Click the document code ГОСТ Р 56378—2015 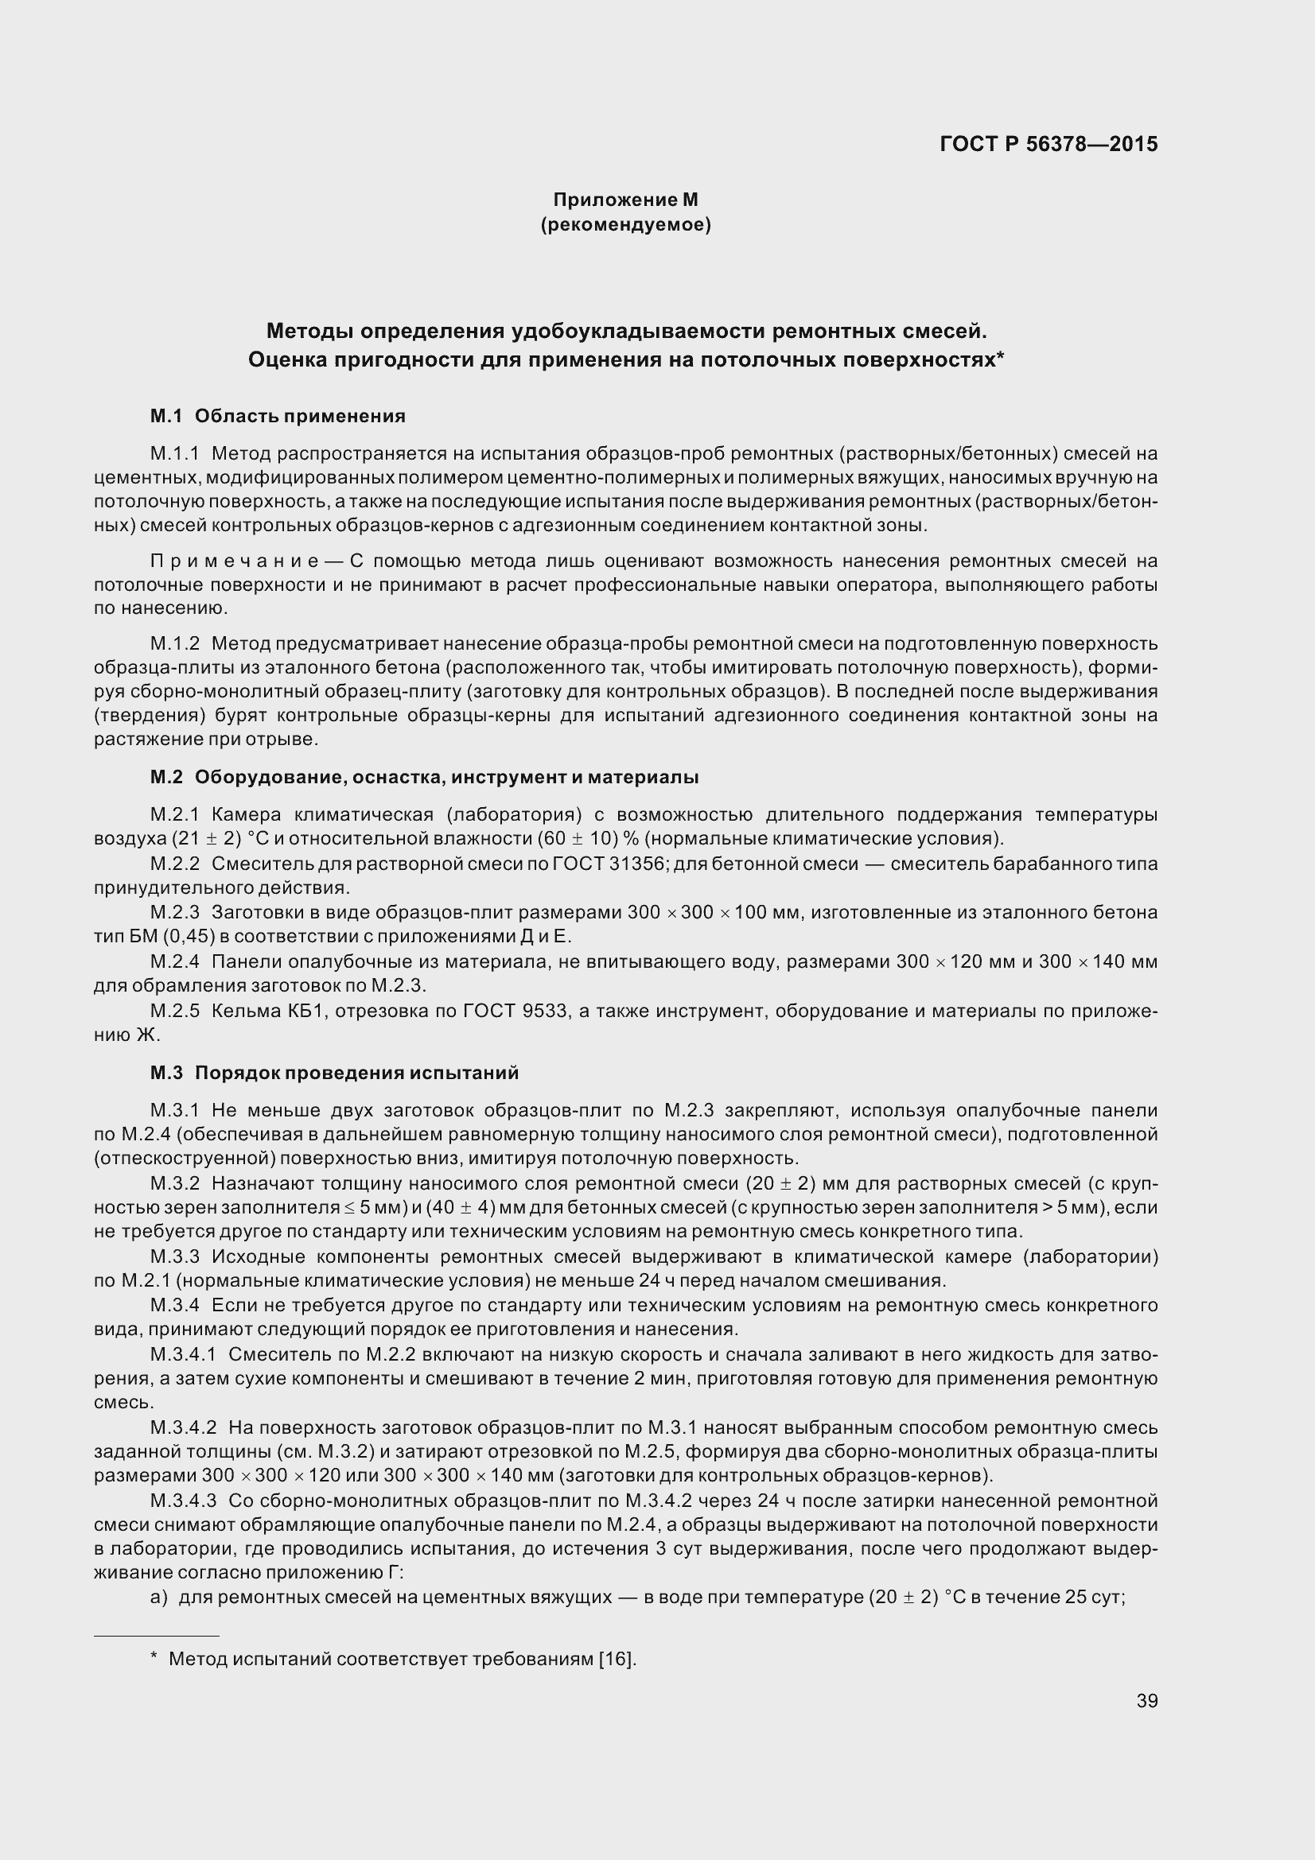(x=1048, y=144)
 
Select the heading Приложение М (x=625, y=200)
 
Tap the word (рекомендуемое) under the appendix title (x=625, y=224)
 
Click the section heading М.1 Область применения (x=277, y=417)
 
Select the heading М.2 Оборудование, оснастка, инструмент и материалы (x=424, y=778)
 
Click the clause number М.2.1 (x=174, y=814)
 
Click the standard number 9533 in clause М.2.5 (x=540, y=1011)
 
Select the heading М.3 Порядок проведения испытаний (x=334, y=1074)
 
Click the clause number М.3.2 (x=174, y=1183)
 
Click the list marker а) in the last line (x=159, y=1598)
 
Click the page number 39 (x=1146, y=1700)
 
